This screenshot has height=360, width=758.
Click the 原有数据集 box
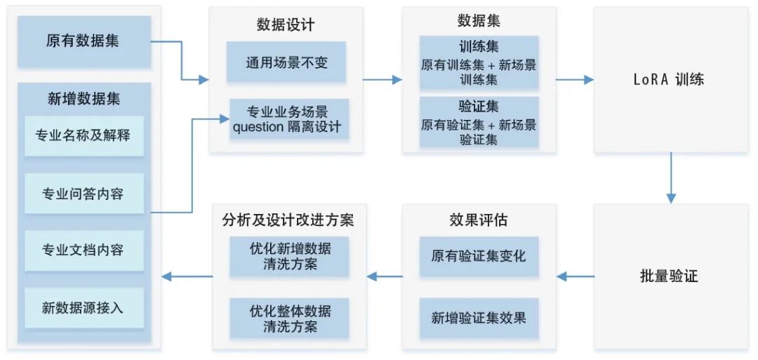point(84,41)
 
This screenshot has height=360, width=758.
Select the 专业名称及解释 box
point(84,135)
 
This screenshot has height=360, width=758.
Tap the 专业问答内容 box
point(84,193)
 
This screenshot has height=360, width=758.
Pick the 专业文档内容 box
point(84,251)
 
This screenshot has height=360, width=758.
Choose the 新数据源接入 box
point(84,308)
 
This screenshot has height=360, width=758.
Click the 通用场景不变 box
point(287,62)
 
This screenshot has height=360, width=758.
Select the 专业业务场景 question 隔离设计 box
point(287,119)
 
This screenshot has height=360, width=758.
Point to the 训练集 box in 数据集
point(479,64)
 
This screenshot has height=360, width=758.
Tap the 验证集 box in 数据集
point(479,122)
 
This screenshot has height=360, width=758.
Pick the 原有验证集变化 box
point(479,254)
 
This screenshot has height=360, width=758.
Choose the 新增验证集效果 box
point(479,317)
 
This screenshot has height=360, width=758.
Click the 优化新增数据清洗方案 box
point(290,256)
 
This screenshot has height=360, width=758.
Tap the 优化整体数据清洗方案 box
point(290,318)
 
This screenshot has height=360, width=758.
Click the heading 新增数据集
point(84,99)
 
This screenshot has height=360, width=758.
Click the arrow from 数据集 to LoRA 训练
point(574,79)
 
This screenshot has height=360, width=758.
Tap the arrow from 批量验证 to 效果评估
point(575,276)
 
